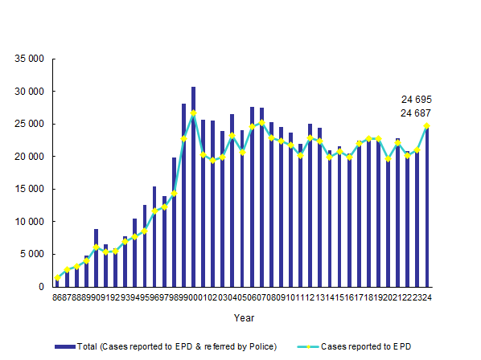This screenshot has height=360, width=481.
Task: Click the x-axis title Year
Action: coord(244,318)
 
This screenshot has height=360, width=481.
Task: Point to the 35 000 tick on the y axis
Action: coord(27,59)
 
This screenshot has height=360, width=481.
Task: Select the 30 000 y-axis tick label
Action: coord(27,92)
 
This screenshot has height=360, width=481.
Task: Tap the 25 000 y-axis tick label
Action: coord(27,124)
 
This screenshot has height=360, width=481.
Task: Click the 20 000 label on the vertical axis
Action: coord(27,157)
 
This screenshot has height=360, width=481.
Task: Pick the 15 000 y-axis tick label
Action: coord(27,190)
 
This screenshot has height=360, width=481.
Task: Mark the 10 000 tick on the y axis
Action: coord(27,222)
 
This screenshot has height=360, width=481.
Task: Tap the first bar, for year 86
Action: coord(57,282)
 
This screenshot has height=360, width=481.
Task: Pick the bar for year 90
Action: coord(96,258)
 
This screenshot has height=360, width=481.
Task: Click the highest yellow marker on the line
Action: coord(193,113)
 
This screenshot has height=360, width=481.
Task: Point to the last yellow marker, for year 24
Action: coord(426,125)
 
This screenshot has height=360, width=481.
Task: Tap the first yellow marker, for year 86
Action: coord(57,278)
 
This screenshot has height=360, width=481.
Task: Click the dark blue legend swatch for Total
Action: coord(64,346)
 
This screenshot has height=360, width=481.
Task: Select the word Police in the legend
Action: coord(262,346)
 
